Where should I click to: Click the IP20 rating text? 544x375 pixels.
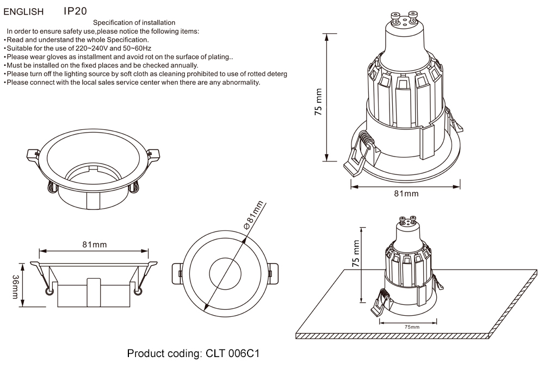point(75,11)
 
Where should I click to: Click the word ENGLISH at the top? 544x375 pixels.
point(24,11)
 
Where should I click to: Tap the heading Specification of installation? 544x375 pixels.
point(134,23)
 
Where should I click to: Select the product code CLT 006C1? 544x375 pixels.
point(193,354)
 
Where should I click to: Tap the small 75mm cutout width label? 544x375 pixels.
point(412,327)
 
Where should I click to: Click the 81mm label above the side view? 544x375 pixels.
point(94,245)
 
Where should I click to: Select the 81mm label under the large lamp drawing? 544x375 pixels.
point(406,193)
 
